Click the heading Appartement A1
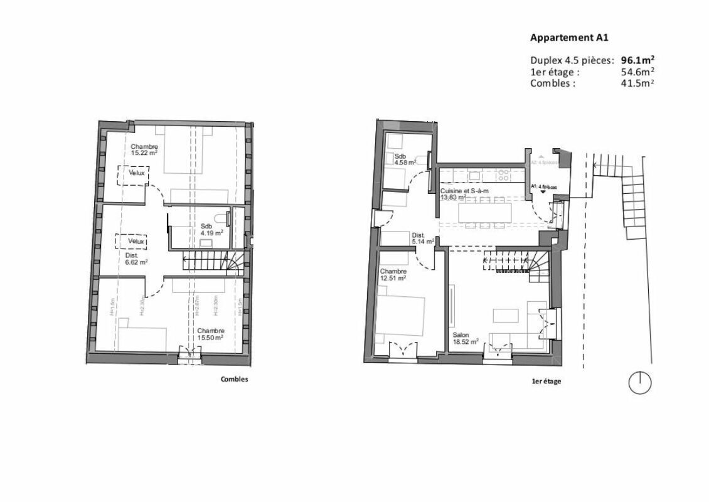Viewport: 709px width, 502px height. click(x=569, y=38)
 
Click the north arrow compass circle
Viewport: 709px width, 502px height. click(x=639, y=383)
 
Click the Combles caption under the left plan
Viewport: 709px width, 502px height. click(x=234, y=379)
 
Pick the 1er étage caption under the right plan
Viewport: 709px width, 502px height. click(x=546, y=382)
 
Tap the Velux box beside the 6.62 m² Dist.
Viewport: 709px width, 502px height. click(x=132, y=241)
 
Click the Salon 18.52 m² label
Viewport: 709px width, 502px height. click(x=466, y=338)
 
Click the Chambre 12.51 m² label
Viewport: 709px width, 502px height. click(x=393, y=274)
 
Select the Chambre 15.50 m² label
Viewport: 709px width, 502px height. click(x=210, y=334)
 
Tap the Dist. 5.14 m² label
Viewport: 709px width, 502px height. click(x=418, y=238)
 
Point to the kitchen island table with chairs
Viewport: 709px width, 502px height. click(x=493, y=212)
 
